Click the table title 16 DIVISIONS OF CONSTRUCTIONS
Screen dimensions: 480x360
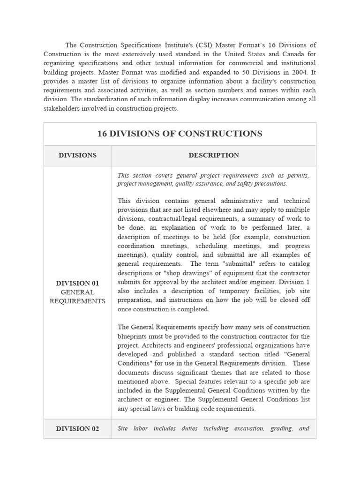tap(180, 134)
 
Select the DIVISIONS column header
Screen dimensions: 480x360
tap(77, 155)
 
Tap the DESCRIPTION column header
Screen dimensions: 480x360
tap(214, 155)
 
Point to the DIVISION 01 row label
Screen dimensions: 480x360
tap(77, 283)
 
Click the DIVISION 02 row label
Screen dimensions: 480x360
tap(77, 428)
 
